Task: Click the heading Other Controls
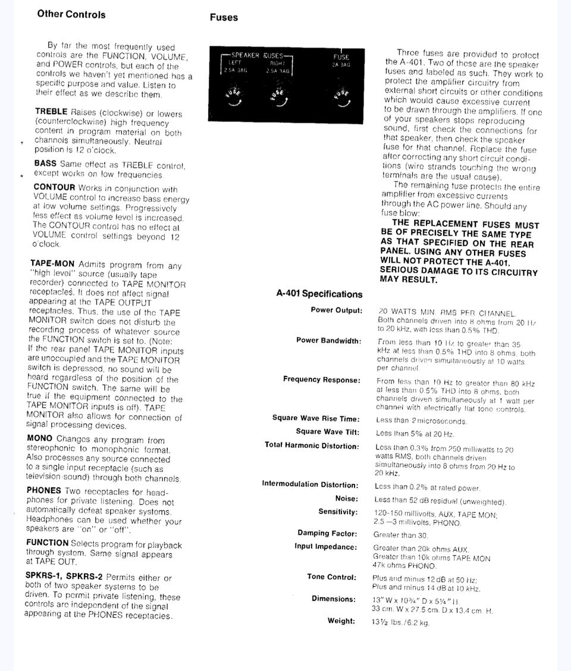point(71,14)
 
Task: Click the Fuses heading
point(223,18)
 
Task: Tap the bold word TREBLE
point(52,112)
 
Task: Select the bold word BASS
point(45,163)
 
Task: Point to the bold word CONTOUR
point(54,187)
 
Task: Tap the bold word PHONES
point(43,490)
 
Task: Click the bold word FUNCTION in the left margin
point(47,543)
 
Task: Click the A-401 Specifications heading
point(319,294)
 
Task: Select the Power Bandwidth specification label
point(328,341)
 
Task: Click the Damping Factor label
point(327,534)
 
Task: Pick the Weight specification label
point(341,621)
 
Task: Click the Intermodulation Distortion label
point(310,484)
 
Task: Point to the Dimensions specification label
point(333,599)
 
